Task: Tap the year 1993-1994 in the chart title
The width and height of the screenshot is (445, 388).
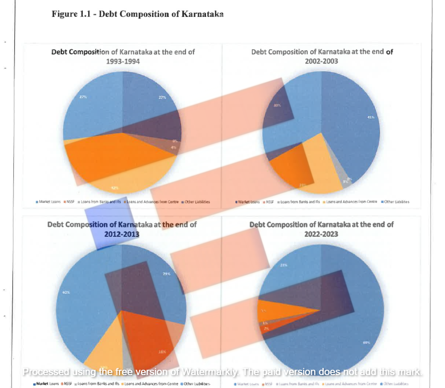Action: tap(123, 61)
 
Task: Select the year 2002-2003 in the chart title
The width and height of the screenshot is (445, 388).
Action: tap(321, 61)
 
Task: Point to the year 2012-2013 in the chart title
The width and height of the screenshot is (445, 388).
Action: tap(121, 234)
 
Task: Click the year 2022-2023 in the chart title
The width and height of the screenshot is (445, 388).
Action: tap(321, 234)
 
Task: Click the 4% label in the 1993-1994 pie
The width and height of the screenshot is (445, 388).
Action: tap(174, 147)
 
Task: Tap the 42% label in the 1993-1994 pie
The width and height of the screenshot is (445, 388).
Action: tap(114, 188)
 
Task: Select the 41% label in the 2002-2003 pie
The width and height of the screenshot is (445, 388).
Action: tap(370, 117)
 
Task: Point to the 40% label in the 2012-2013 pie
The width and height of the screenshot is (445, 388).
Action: tap(66, 292)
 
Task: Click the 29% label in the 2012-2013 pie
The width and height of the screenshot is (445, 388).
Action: tap(166, 274)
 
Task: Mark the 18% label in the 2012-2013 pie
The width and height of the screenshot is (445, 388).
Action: tap(162, 352)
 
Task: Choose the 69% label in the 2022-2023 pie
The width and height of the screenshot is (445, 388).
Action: tap(367, 343)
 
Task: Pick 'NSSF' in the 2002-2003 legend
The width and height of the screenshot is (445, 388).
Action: tap(270, 202)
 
